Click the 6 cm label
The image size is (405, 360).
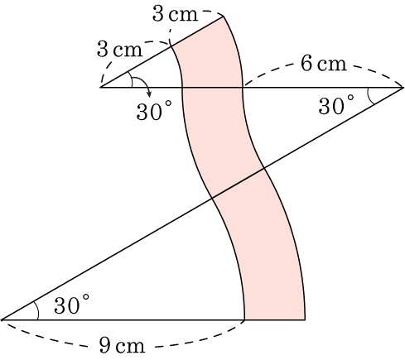pyautogui.click(x=323, y=64)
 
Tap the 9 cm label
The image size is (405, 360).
pyautogui.click(x=122, y=345)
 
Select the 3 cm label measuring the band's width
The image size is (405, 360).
pyautogui.click(x=175, y=14)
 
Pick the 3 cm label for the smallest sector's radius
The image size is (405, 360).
pyautogui.click(x=119, y=50)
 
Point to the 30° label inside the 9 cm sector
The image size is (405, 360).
pyautogui.click(x=71, y=305)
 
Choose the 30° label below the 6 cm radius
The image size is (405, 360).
pyautogui.click(x=336, y=105)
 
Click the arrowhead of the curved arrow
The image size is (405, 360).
pyautogui.click(x=149, y=94)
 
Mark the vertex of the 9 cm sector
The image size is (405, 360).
pyautogui.click(x=2, y=320)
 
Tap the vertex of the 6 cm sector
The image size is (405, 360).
pyautogui.click(x=403, y=88)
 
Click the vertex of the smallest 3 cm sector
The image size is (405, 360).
pyautogui.click(x=101, y=87)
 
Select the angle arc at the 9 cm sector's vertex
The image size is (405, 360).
pyautogui.click(x=36, y=310)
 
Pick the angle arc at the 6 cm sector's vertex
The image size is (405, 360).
pyautogui.click(x=369, y=97)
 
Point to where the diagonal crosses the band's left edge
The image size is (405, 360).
pyautogui.click(x=212, y=198)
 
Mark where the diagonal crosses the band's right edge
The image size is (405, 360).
pyautogui.click(x=264, y=167)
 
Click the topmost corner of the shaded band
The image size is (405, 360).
pyautogui.click(x=223, y=17)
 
